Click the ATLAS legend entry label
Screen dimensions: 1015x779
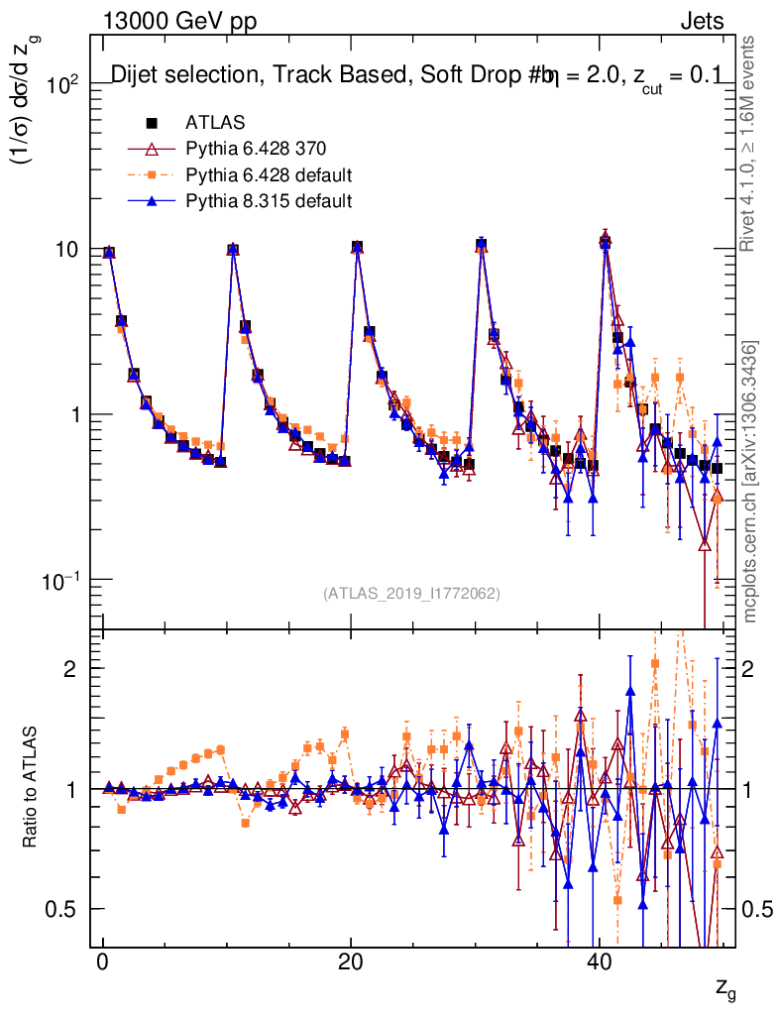pyautogui.click(x=210, y=124)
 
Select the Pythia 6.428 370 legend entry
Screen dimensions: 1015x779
pyautogui.click(x=255, y=150)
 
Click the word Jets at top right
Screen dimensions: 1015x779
pyautogui.click(x=701, y=21)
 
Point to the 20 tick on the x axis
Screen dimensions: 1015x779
pyautogui.click(x=350, y=964)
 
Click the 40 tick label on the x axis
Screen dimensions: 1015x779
pyautogui.click(x=598, y=964)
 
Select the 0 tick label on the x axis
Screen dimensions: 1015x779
pyautogui.click(x=103, y=964)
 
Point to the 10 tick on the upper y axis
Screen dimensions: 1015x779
pyautogui.click(x=66, y=249)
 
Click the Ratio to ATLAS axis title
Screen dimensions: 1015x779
pyautogui.click(x=33, y=788)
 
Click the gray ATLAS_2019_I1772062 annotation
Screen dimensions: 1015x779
pyautogui.click(x=411, y=594)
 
